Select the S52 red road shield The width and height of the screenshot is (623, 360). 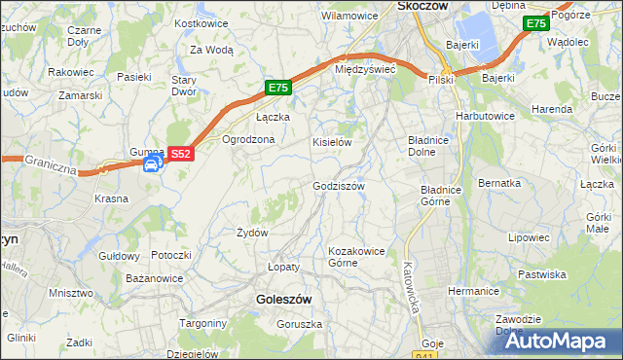click(x=181, y=153)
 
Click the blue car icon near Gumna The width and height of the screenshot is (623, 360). click(x=152, y=165)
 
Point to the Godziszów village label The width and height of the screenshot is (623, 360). click(x=338, y=186)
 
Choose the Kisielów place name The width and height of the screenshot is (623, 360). click(x=331, y=142)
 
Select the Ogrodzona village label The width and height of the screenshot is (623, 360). click(x=249, y=139)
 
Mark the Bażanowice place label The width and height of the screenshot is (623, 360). click(x=155, y=278)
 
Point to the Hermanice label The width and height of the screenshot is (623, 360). click(x=473, y=291)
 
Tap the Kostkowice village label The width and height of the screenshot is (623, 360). click(x=201, y=22)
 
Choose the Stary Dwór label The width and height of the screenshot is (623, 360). click(x=185, y=87)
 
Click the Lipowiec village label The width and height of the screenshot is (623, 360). click(x=529, y=237)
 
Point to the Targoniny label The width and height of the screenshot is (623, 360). click(x=203, y=322)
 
